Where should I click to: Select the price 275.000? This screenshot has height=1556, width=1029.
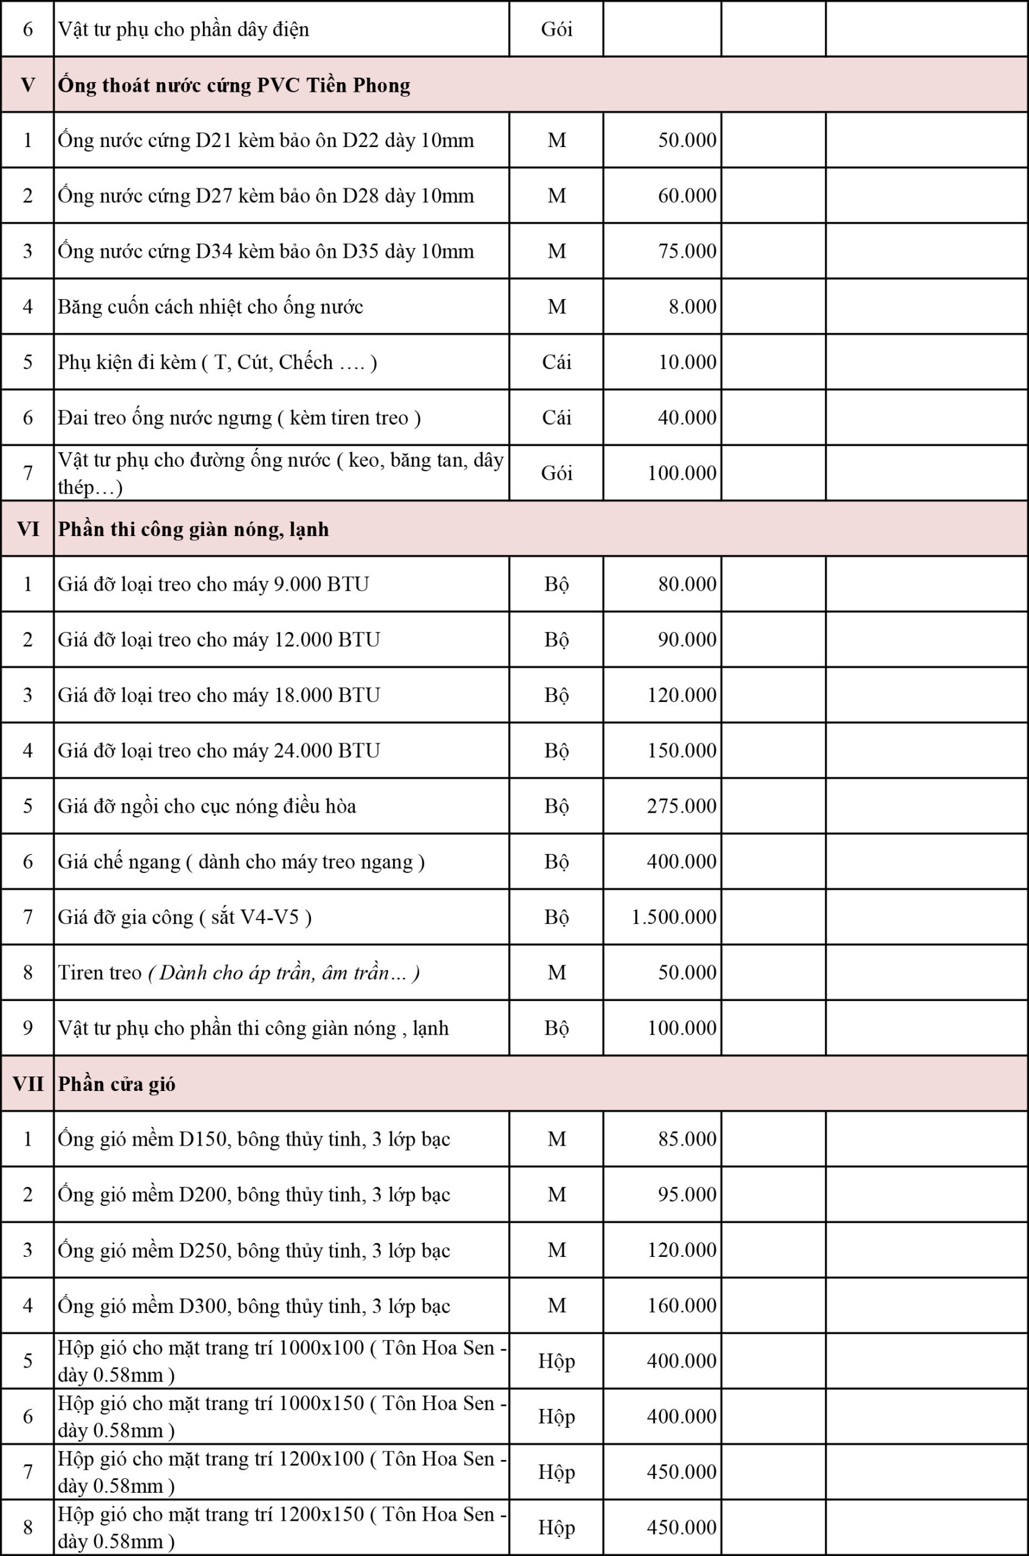681,806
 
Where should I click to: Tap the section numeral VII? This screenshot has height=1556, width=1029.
27,1084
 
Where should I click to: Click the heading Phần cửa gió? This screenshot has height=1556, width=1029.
117,1084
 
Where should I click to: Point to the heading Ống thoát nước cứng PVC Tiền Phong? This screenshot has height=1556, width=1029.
234,85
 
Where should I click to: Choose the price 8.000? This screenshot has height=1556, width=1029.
692,306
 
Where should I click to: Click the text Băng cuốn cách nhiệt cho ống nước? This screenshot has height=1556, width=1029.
210,306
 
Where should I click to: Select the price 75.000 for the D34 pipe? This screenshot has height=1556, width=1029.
687,252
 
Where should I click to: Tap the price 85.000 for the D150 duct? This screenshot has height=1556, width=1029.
687,1139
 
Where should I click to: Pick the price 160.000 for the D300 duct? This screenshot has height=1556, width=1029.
681,1305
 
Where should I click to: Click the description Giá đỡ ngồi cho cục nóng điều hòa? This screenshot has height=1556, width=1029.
207,806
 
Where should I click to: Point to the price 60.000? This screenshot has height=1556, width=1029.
687,196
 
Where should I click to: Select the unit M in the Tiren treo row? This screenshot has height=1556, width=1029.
556,972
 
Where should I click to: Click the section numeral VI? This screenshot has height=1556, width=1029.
27,529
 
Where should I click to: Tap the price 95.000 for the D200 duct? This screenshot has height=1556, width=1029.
687,1194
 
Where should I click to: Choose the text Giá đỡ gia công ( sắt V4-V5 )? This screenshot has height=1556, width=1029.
185,917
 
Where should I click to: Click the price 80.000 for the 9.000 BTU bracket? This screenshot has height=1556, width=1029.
687,584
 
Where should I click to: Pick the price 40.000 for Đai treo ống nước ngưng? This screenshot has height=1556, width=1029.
687,418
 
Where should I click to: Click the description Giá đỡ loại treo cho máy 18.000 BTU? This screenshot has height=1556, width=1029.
219,695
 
